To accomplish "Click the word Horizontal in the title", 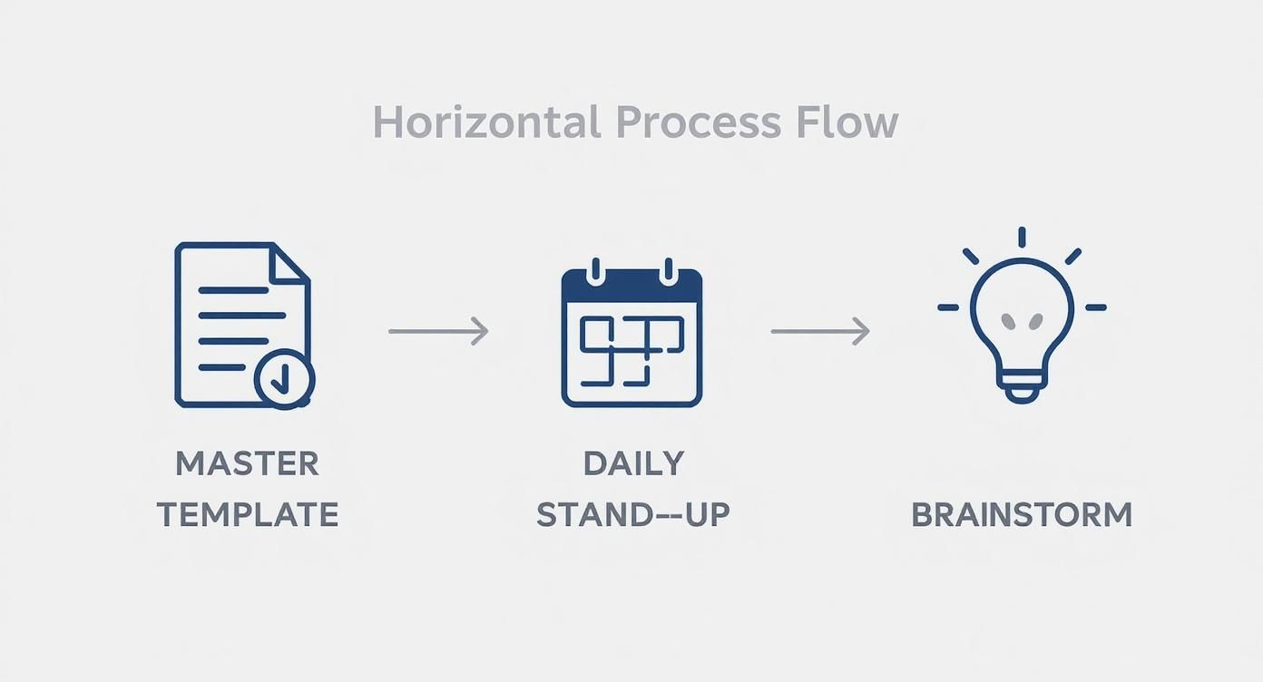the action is point(486,122).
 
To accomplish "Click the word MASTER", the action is point(247,463).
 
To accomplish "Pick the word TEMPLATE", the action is point(248,514).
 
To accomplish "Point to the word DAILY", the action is point(633,463).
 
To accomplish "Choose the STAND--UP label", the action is point(633,514).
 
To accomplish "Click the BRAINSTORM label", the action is point(1022,514).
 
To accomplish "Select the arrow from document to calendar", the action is point(438,331).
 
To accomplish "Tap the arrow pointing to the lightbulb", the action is point(820,331).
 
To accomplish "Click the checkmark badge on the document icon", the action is point(284,379).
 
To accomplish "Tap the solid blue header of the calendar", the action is point(631,285).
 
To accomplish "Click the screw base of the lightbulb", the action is point(1022,388).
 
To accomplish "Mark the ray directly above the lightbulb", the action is point(1022,237).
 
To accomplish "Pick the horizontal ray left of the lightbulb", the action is point(948,307).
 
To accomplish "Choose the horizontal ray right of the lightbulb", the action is point(1096,307).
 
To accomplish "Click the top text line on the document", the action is point(233,290).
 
